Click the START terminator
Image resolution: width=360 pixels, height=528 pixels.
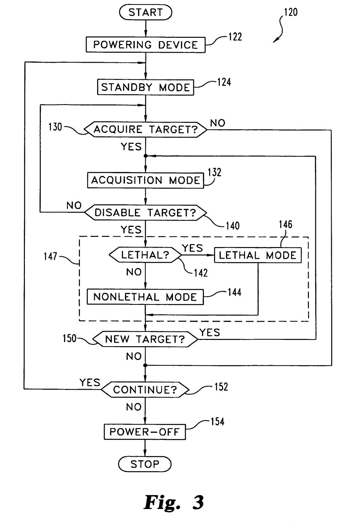[146, 13]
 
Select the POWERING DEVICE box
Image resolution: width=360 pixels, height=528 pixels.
[146, 45]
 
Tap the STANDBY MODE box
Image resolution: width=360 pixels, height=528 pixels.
[146, 87]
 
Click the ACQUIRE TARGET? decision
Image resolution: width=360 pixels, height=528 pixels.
[146, 129]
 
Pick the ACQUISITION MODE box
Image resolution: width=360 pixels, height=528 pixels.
[146, 180]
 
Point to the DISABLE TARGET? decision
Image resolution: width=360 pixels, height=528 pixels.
[146, 213]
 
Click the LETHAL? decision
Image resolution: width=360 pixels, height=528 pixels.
[145, 255]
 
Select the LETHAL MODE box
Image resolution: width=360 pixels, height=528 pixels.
[258, 255]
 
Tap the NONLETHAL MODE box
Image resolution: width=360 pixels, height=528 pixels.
[145, 297]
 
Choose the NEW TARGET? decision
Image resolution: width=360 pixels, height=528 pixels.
[145, 339]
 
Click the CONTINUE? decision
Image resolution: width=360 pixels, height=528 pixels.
[145, 390]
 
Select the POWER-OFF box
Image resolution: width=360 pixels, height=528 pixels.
[145, 432]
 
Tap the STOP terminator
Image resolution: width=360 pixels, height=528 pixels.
[145, 464]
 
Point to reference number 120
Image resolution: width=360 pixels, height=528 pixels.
[291, 13]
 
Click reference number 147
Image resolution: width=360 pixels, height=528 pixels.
[50, 256]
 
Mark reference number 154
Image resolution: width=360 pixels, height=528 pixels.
[217, 422]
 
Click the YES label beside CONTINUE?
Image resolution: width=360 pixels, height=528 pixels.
[90, 383]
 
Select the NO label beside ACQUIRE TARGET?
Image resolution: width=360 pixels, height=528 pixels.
[218, 123]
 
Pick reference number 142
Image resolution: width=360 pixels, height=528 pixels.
[201, 273]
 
